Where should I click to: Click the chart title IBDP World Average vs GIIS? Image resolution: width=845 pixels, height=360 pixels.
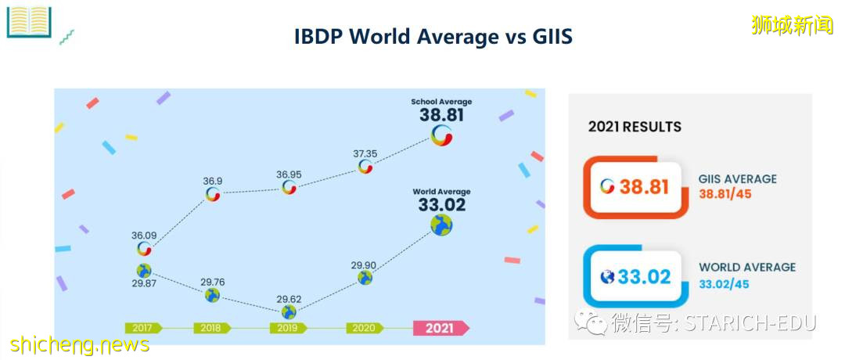(433, 36)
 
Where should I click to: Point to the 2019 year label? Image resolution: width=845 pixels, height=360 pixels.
(288, 328)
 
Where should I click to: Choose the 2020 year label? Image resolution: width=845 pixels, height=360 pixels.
(364, 328)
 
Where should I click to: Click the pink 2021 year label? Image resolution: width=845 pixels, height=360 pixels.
(439, 328)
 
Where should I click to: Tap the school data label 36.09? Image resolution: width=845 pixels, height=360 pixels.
(144, 234)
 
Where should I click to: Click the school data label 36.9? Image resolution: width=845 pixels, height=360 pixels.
(213, 180)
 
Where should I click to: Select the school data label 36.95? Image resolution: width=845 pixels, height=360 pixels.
(289, 174)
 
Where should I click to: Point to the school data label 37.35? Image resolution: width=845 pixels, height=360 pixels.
(365, 153)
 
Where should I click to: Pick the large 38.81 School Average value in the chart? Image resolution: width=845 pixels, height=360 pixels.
(442, 115)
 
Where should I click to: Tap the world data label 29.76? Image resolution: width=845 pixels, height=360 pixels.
(212, 281)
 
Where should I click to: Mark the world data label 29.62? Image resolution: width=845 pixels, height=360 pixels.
(289, 298)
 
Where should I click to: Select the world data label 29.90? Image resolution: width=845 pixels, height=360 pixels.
(365, 265)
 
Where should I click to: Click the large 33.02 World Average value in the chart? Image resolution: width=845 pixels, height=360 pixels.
(441, 205)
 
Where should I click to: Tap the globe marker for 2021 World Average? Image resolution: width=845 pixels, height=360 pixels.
(441, 226)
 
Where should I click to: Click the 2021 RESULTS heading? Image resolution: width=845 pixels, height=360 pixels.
(635, 127)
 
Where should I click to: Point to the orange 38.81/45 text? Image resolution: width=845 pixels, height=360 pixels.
(725, 194)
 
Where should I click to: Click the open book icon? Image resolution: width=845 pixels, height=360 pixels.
(28, 21)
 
